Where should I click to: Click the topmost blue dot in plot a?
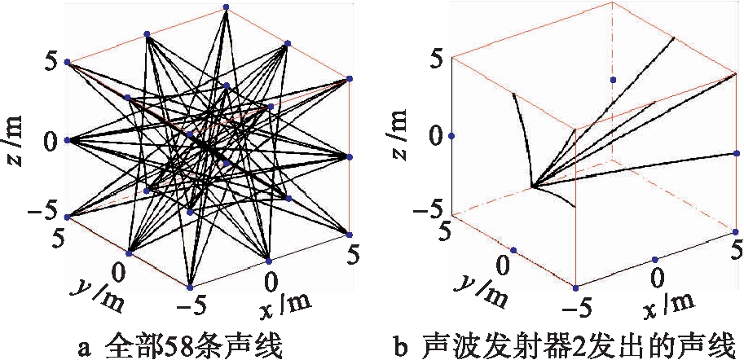(x=226, y=7)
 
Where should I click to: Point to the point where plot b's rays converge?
(x=532, y=187)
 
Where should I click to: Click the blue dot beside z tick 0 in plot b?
(x=451, y=136)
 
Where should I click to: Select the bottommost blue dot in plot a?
(x=190, y=288)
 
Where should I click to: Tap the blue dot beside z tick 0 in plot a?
(x=67, y=140)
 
